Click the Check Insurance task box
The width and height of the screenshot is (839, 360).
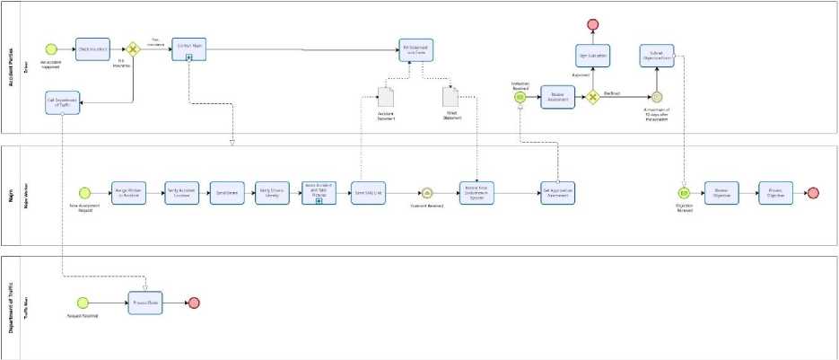tap(92, 48)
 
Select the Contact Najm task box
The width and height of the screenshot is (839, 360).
tap(189, 48)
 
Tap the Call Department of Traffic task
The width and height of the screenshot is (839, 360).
tap(62, 104)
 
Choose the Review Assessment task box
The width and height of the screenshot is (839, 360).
tap(557, 97)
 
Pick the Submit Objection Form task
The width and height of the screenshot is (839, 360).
tap(657, 56)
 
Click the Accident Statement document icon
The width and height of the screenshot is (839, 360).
tap(386, 96)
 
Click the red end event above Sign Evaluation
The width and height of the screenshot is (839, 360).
tap(592, 23)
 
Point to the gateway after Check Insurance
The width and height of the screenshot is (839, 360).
tap(134, 48)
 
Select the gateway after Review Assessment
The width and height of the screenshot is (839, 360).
tap(592, 97)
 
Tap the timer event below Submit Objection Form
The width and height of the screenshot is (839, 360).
tap(657, 96)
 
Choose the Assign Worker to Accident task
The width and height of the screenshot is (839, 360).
tap(128, 192)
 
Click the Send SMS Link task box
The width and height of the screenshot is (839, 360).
tap(367, 192)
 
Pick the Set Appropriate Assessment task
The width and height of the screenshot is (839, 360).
tap(557, 192)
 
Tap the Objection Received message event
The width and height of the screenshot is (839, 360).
tap(683, 192)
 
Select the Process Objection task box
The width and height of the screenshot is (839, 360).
tap(775, 192)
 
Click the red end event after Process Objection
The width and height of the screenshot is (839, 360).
tap(813, 192)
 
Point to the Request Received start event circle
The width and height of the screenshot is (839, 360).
tap(83, 303)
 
